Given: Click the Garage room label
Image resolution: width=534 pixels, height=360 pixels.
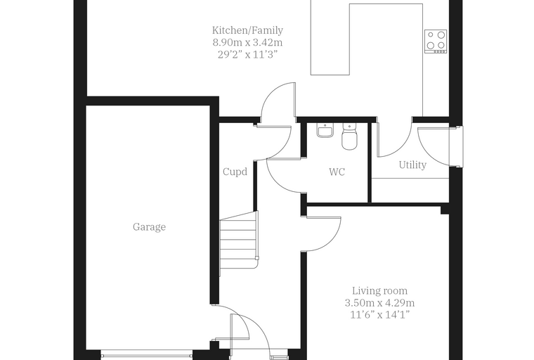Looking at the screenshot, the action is tap(149, 227).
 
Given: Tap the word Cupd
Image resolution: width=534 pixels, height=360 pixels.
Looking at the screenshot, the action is tap(235, 172).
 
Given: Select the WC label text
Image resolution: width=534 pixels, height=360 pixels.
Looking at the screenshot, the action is tap(337, 172).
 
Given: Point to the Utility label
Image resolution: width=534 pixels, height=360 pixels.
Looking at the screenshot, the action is tap(412, 165).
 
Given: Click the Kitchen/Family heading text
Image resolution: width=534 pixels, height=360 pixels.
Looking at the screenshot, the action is tap(247, 30).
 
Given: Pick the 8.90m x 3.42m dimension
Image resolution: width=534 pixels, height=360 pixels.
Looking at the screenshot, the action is tap(247, 43).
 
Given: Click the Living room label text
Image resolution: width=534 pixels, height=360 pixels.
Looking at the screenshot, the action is tap(379, 291).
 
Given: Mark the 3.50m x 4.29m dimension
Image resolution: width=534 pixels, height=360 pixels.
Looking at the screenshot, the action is tap(379, 303).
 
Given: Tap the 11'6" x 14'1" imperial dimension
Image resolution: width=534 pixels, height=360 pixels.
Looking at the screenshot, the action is tap(379, 315).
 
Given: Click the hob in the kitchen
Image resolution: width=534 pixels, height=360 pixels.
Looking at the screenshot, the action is tap(436, 41).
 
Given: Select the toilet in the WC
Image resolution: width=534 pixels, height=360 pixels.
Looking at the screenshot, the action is tap(349, 136).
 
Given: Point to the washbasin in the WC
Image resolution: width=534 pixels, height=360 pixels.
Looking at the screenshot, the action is tap(325, 130).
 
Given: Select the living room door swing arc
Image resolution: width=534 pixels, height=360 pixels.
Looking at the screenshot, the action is tap(331, 243).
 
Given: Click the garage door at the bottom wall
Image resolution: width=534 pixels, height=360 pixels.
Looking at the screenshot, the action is tap(147, 354).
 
